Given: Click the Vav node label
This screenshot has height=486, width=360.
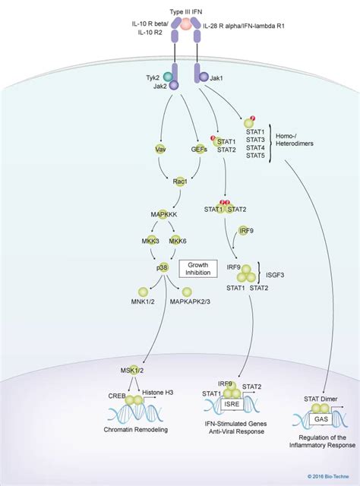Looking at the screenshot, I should point(161,150).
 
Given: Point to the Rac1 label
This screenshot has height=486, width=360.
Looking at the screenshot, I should point(180,182).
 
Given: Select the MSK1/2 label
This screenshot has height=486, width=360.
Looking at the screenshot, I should point(131,370).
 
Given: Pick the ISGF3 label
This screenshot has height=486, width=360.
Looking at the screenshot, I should point(277,276).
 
